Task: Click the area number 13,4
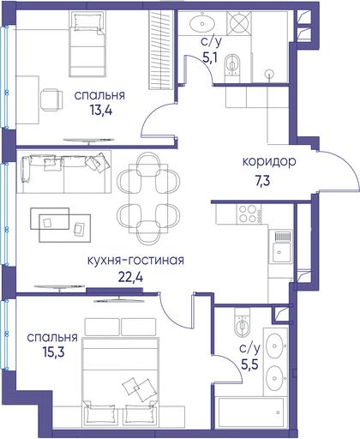click(x=101, y=111)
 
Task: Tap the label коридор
click(x=269, y=162)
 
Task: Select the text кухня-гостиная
click(x=135, y=261)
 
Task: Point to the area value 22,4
click(x=130, y=277)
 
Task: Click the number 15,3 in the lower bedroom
click(x=54, y=352)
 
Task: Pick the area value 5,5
click(x=250, y=364)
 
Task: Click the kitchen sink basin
click(x=281, y=253)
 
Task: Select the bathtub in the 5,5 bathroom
click(x=251, y=412)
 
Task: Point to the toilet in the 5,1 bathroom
click(x=232, y=64)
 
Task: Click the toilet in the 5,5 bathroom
click(x=242, y=322)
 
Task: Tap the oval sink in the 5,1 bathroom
click(x=202, y=23)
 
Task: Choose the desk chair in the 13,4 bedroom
click(x=51, y=100)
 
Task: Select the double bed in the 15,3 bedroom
click(x=120, y=382)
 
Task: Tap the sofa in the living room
click(x=63, y=172)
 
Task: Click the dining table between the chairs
click(x=148, y=198)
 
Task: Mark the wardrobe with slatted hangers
click(x=161, y=50)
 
